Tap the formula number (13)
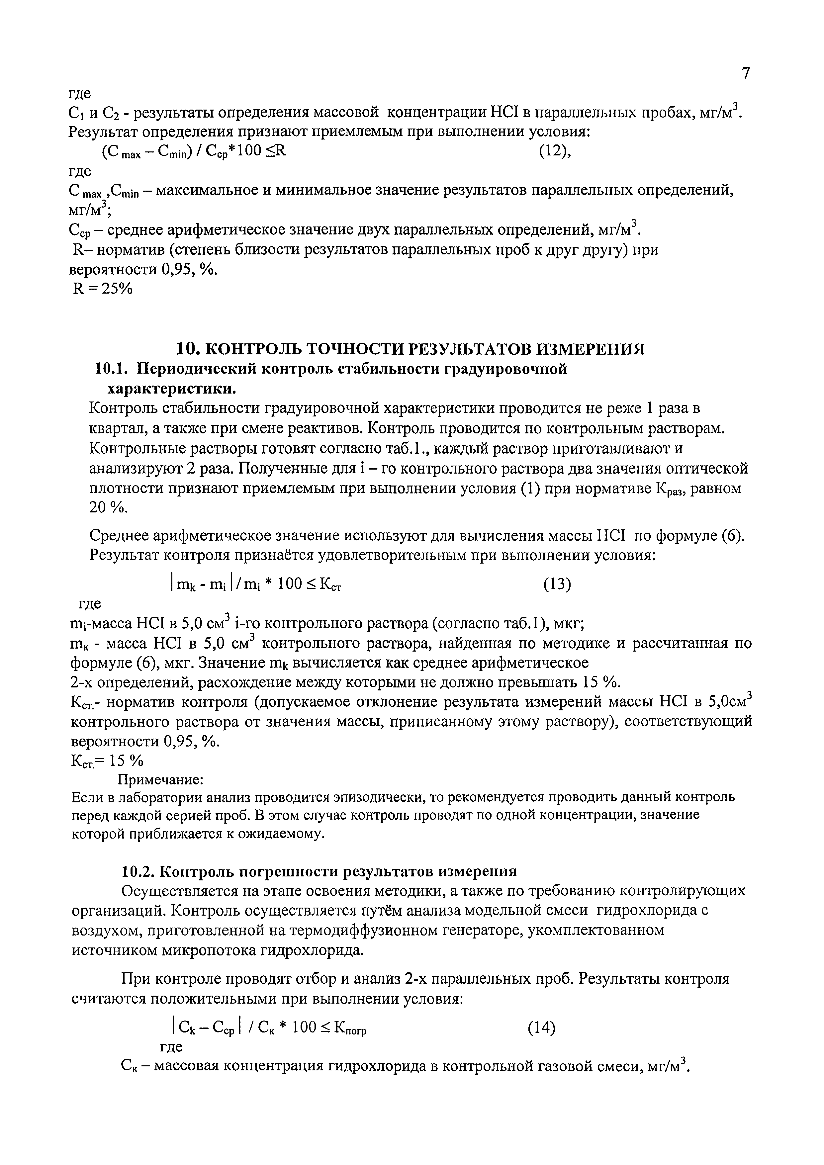(557, 585)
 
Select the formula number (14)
(541, 1028)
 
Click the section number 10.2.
(138, 871)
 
